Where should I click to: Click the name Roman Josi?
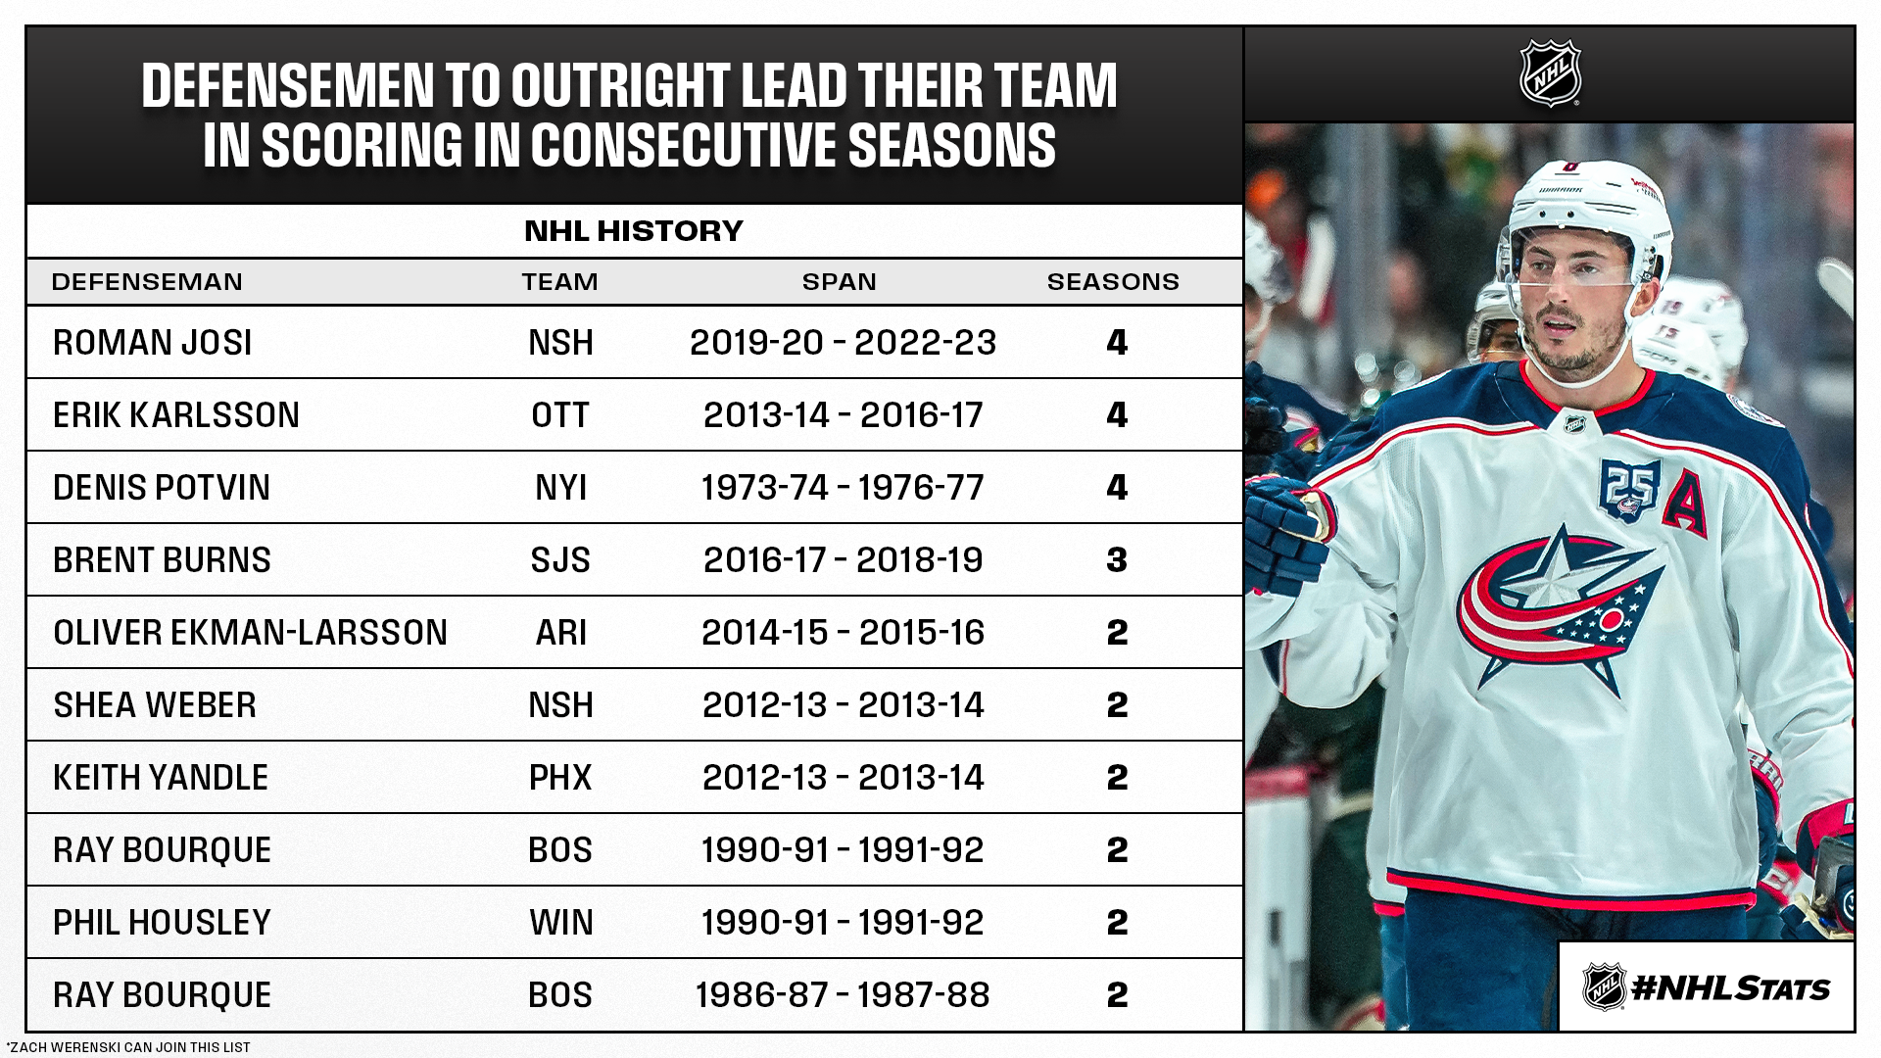(x=153, y=343)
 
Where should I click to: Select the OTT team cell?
(x=560, y=415)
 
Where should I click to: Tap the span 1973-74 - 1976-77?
(x=843, y=488)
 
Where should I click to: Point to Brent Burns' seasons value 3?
(x=1117, y=560)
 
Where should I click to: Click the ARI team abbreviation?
(x=560, y=633)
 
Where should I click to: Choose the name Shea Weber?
(x=155, y=705)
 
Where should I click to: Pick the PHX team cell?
(x=560, y=778)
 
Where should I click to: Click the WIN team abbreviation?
(x=560, y=923)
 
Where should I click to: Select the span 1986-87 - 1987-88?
(x=843, y=995)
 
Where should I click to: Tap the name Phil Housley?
(x=162, y=923)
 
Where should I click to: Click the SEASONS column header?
(x=1113, y=282)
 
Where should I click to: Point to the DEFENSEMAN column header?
(x=147, y=282)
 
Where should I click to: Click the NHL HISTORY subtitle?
(x=634, y=231)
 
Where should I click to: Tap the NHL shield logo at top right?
(x=1550, y=73)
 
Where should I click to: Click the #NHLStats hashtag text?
(x=1730, y=988)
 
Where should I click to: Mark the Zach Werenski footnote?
(x=128, y=1047)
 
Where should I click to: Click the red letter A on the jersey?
(x=1684, y=500)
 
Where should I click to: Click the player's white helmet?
(x=1577, y=211)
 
